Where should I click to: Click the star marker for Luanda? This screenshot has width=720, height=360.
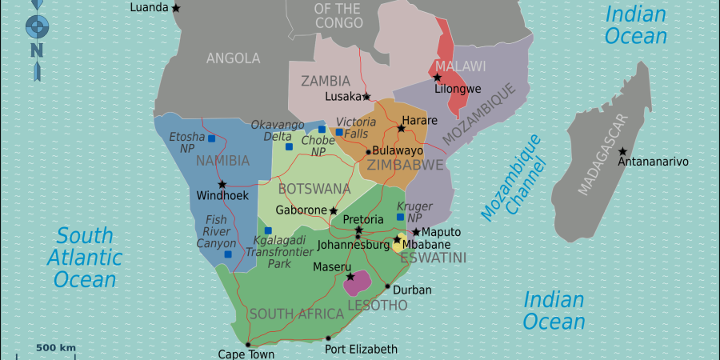[x=176, y=8]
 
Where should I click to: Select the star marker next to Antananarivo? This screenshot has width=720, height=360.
[x=622, y=152]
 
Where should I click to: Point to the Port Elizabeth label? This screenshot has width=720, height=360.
[x=361, y=349]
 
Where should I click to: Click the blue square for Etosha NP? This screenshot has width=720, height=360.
[x=211, y=138]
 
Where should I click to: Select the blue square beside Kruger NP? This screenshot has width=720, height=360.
[x=400, y=217]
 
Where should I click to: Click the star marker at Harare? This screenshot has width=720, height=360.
[x=402, y=128]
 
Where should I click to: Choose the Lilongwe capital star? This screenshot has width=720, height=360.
[x=438, y=78]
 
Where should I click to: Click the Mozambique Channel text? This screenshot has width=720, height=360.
[x=514, y=178]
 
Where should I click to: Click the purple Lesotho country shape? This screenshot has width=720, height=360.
[x=357, y=282]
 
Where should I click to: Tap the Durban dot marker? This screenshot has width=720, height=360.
[x=388, y=286]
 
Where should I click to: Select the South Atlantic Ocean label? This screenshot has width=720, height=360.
[x=85, y=258]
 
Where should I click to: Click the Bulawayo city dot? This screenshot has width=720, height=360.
[x=368, y=151]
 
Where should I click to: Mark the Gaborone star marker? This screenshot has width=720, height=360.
[x=334, y=211]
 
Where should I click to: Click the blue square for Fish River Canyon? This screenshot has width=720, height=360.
[x=228, y=254]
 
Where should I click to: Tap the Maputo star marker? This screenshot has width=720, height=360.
[x=416, y=232]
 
